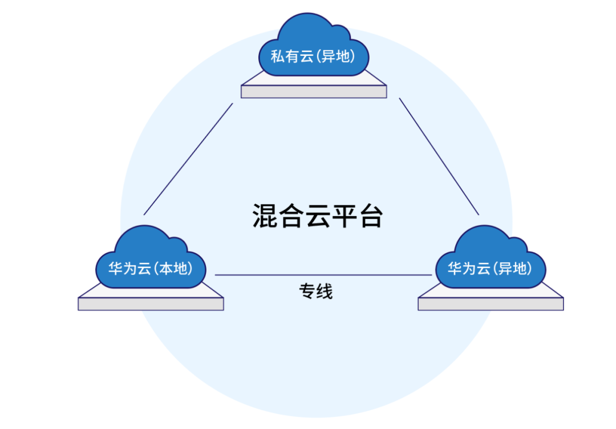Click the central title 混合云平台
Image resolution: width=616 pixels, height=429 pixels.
tap(318, 216)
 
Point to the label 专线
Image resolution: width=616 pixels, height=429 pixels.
tap(316, 292)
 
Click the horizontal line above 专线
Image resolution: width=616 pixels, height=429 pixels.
tap(323, 275)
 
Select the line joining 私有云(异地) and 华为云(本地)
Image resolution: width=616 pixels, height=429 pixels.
tap(188, 159)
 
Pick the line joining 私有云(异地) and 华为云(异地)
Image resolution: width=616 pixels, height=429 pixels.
tap(439, 156)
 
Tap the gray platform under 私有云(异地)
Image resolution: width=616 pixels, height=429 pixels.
tap(314, 89)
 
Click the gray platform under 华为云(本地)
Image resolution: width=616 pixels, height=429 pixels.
tap(151, 301)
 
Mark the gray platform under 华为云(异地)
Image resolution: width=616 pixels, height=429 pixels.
tap(491, 301)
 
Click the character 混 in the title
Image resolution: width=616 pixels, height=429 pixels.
tap(265, 216)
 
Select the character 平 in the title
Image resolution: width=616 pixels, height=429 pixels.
tap(345, 216)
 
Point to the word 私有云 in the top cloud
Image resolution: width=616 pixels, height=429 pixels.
tap(292, 56)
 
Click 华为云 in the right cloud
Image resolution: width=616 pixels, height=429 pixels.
tap(469, 269)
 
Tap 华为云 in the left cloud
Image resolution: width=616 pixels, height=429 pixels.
tap(129, 269)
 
